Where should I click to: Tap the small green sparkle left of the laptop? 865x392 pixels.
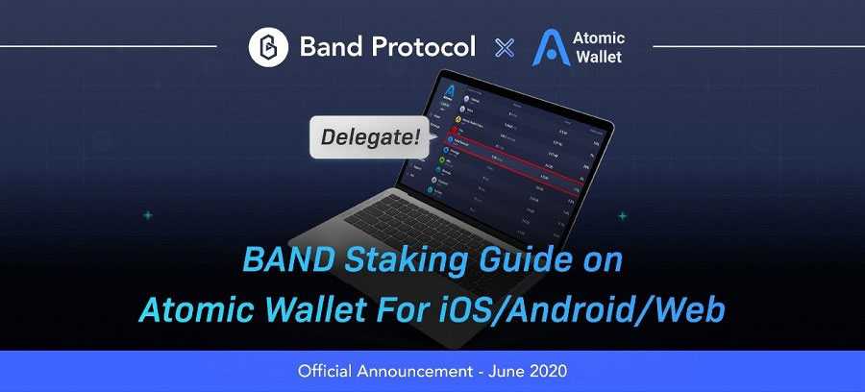point(147,216)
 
